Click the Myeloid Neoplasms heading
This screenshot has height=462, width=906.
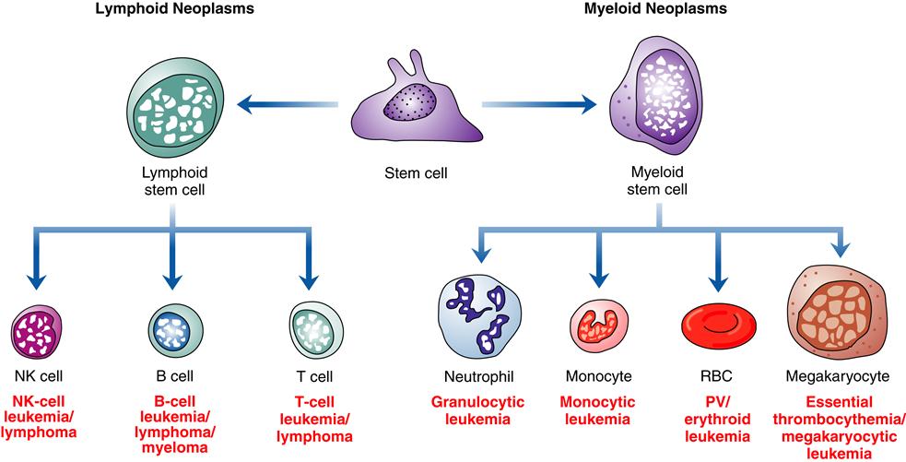point(656,12)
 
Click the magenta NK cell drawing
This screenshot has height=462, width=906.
point(37,330)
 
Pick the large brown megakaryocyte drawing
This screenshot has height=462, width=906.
point(836,314)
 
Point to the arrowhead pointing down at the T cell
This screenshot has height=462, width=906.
point(309,283)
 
